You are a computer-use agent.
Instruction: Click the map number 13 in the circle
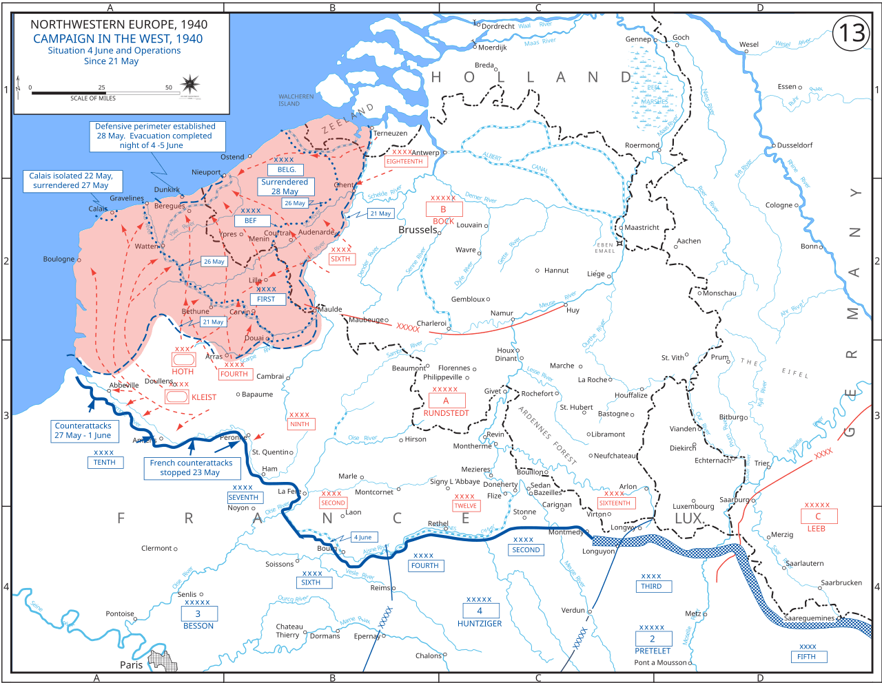(852, 32)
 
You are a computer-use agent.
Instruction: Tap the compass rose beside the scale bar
(189, 85)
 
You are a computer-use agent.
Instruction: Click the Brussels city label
(418, 230)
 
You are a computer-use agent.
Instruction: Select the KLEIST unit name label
(204, 397)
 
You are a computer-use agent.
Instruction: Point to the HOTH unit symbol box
(183, 359)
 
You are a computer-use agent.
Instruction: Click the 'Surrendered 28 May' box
(285, 187)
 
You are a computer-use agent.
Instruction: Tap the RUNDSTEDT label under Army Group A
(446, 413)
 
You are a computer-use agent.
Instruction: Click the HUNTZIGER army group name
(480, 624)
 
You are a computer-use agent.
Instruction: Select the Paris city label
(131, 664)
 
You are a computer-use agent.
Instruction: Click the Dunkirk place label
(167, 189)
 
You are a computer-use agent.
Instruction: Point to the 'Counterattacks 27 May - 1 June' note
(83, 430)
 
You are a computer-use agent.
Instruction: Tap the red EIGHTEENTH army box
(404, 162)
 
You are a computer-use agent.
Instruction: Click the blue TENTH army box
(105, 463)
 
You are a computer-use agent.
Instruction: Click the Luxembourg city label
(693, 506)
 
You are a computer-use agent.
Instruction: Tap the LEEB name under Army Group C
(817, 529)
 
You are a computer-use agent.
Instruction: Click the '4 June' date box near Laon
(363, 537)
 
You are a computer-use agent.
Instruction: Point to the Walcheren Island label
(296, 101)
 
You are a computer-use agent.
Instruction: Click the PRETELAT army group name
(653, 651)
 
